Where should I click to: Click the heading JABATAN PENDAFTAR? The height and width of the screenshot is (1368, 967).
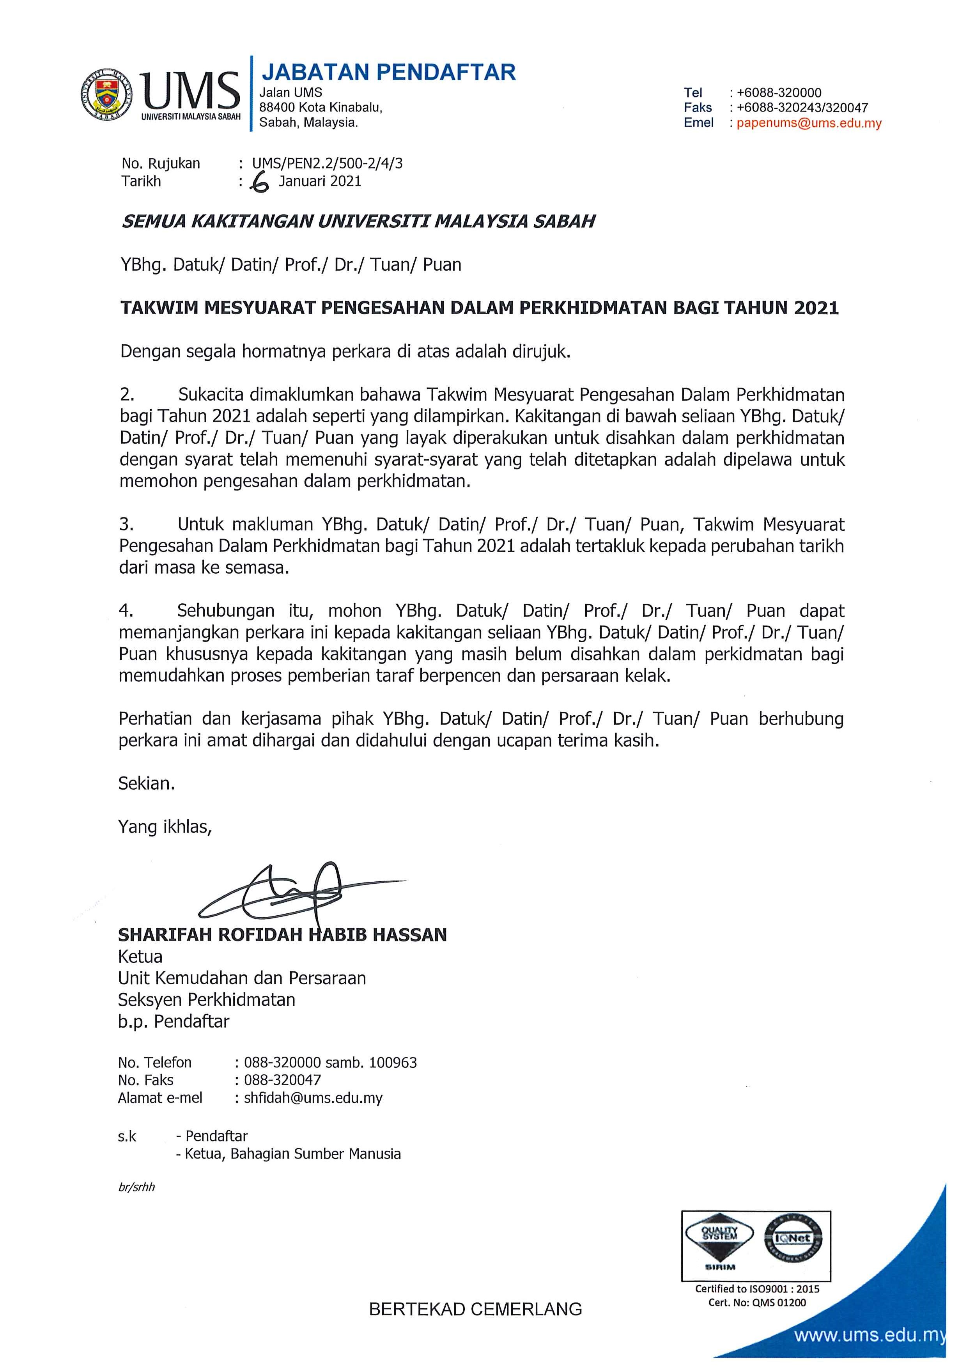[388, 72]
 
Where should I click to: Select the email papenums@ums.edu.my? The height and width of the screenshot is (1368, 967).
[809, 123]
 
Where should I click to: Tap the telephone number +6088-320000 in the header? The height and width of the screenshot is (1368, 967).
[779, 93]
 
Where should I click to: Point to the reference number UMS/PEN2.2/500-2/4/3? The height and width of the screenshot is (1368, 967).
[327, 163]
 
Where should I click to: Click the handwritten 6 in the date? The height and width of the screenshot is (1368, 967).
[259, 183]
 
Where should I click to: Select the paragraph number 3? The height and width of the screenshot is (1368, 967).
[126, 525]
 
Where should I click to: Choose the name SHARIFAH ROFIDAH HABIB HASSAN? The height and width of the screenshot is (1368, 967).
[282, 935]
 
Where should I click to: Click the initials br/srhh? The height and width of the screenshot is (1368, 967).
[136, 1187]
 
